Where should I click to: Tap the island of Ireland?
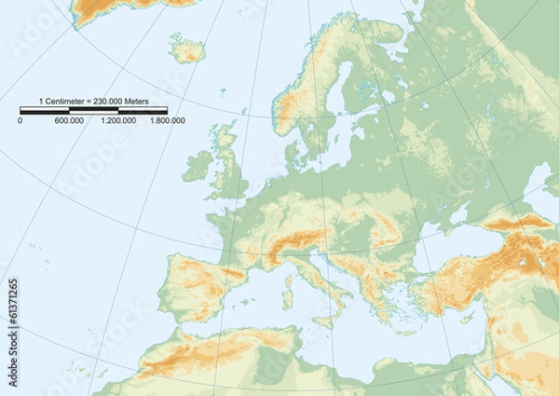point(198,167)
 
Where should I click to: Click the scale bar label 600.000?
point(69,121)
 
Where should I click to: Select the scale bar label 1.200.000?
point(118,121)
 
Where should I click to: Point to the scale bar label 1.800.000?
point(168,121)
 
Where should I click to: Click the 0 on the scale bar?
point(20,121)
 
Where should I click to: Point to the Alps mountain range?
point(293,244)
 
